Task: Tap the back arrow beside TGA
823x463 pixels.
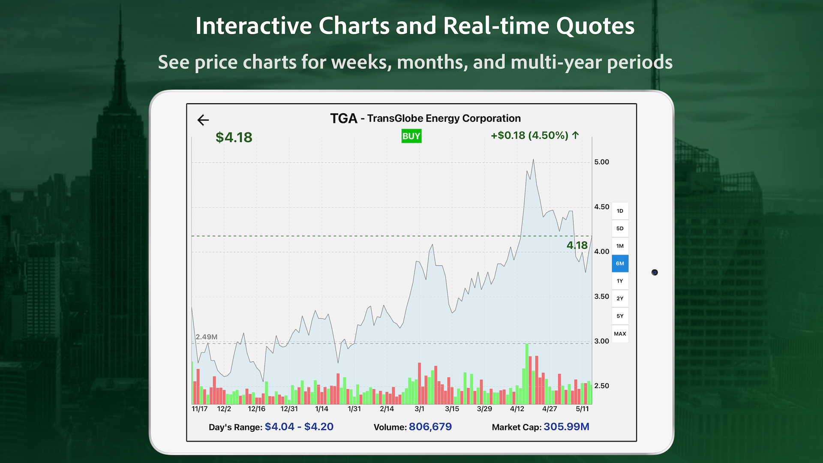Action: [x=203, y=120]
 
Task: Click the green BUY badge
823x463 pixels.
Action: [x=411, y=136]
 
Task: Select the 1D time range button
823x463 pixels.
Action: [x=620, y=211]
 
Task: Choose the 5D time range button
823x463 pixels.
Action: [x=620, y=228]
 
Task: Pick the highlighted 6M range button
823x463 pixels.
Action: [x=620, y=264]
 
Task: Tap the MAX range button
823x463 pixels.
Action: [x=620, y=334]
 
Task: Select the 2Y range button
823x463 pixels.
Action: [x=620, y=299]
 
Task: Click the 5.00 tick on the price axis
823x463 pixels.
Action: [x=601, y=162]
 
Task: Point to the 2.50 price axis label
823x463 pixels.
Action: [x=601, y=386]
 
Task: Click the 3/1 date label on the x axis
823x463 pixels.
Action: [x=419, y=409]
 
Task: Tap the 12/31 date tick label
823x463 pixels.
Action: [x=289, y=409]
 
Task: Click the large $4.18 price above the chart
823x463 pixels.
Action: [x=234, y=138]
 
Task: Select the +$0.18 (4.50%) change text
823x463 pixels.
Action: [x=535, y=135]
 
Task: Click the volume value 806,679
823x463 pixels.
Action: [x=430, y=427]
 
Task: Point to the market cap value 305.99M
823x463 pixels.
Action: [x=566, y=427]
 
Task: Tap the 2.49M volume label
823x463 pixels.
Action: [x=206, y=337]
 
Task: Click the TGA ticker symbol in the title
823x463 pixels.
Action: [x=343, y=118]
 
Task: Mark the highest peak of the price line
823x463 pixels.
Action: [x=533, y=160]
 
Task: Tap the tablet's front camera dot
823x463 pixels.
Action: [x=655, y=272]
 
